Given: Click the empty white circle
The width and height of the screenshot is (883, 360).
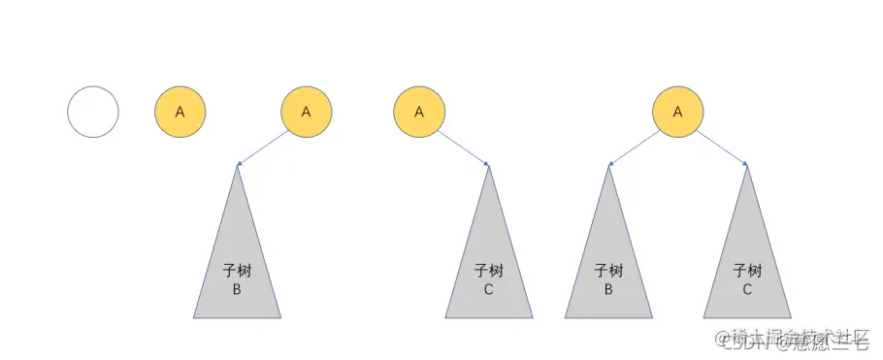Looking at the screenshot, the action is click(93, 112).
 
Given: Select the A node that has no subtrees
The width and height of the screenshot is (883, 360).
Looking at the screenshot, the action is click(180, 112).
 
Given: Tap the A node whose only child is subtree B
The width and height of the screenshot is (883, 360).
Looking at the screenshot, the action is click(306, 112).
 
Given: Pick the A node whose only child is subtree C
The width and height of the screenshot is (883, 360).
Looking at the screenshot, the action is click(419, 112).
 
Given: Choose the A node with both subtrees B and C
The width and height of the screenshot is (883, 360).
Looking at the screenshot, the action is click(677, 112).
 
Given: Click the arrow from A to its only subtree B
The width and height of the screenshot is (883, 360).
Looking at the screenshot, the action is click(264, 147).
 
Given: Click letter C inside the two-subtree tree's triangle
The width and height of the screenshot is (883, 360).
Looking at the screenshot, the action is click(747, 289).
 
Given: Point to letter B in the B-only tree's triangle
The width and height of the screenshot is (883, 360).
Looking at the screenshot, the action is click(237, 289).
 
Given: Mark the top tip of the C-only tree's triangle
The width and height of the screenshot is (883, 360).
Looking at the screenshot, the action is click(488, 166).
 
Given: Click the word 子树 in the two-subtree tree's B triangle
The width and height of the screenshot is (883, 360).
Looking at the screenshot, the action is click(608, 271).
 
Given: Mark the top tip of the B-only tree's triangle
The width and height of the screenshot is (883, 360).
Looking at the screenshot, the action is click(237, 167).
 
